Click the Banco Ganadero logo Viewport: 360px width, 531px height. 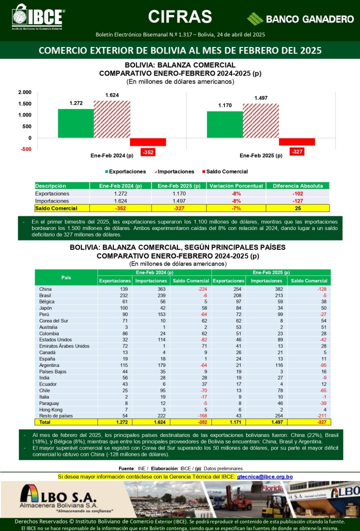point(300,19)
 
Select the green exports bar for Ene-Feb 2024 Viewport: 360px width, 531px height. point(75,123)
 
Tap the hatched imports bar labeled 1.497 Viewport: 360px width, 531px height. point(260,120)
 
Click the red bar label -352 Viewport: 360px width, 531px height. point(147,152)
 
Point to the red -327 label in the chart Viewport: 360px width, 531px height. point(297,151)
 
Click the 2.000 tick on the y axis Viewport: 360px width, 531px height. point(24,92)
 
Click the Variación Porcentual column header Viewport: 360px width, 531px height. point(236,186)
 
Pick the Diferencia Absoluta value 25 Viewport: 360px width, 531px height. point(297,208)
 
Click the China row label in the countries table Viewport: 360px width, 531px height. point(45,289)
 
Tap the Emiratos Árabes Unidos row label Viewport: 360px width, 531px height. point(64,346)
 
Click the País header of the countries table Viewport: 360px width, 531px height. point(66,277)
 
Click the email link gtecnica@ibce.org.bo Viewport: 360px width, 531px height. point(264,477)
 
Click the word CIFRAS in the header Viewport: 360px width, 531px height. point(180,16)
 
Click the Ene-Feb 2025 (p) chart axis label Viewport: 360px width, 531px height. point(260,155)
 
